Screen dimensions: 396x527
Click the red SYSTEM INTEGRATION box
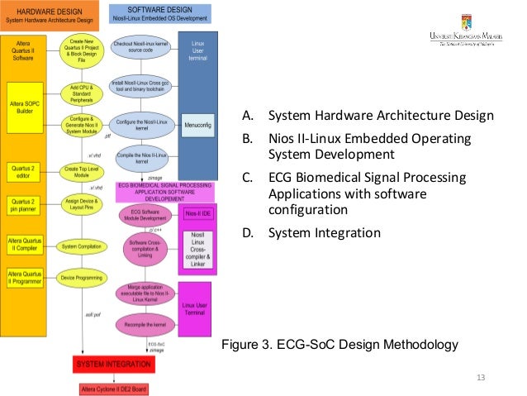coord(114,364)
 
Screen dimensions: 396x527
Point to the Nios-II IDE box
coord(197,213)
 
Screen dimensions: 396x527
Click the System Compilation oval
coord(80,246)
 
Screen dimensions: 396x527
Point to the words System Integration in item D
coord(325,232)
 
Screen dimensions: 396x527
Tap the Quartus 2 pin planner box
coord(22,203)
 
